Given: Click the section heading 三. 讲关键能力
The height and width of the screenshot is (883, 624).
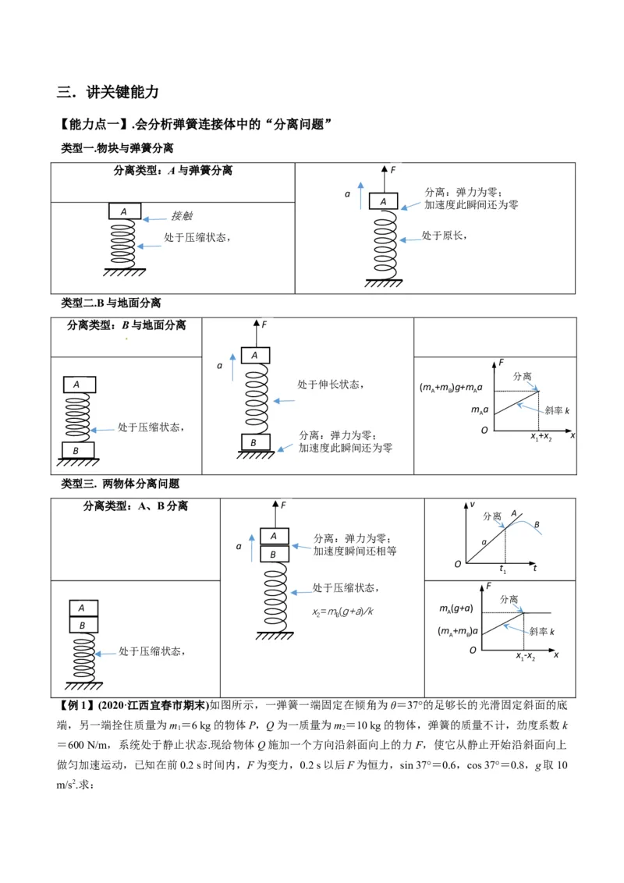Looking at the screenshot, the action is click(x=108, y=92).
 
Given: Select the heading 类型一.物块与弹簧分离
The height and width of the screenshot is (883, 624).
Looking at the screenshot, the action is click(x=117, y=148).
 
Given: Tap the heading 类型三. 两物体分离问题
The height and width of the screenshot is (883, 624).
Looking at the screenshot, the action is click(x=120, y=484).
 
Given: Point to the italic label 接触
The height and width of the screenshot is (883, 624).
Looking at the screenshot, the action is click(x=182, y=216).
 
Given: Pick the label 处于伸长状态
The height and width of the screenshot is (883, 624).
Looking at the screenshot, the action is click(x=330, y=384).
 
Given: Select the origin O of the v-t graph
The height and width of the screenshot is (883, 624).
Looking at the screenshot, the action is click(x=458, y=563).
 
